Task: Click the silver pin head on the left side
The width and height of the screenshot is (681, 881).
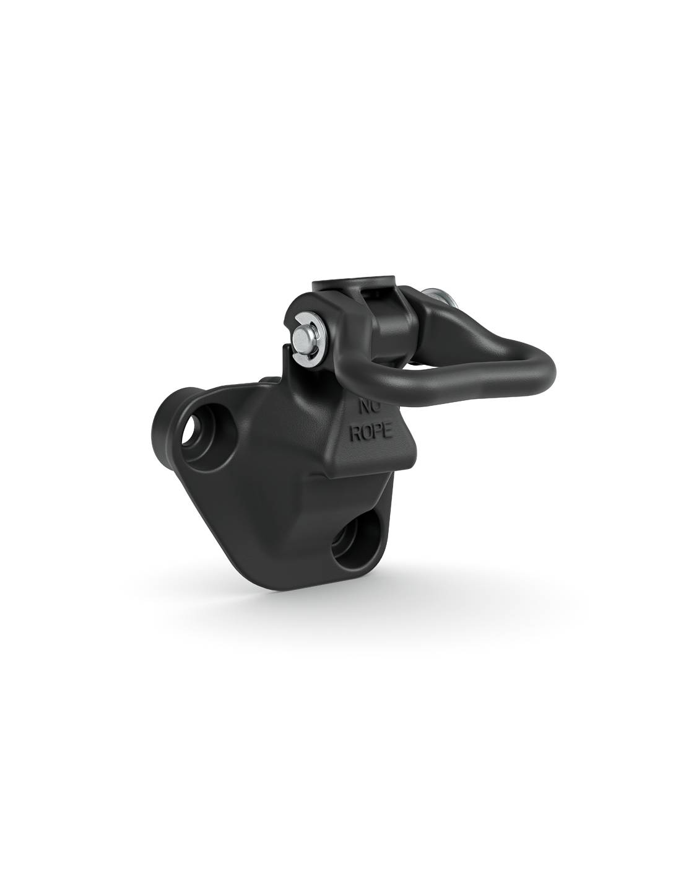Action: [301, 334]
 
